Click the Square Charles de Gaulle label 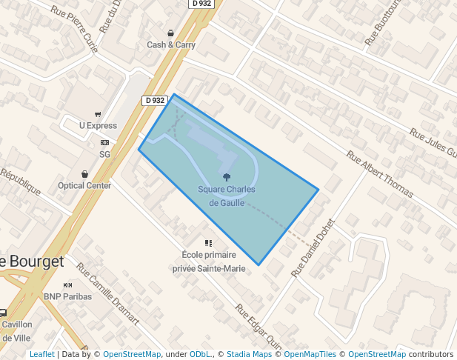(x=226, y=196)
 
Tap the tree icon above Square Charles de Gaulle (x=227, y=177)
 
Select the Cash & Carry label (x=171, y=44)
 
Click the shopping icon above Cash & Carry (x=171, y=33)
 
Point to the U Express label (x=98, y=125)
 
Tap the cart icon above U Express (x=98, y=114)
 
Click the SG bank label (x=104, y=154)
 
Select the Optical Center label (x=84, y=185)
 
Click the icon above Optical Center (x=84, y=174)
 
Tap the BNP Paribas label (x=67, y=296)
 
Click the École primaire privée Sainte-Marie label (x=208, y=261)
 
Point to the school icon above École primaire (x=208, y=243)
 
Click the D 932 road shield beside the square (x=154, y=100)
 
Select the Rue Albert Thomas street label (x=379, y=176)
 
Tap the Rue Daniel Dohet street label (x=313, y=248)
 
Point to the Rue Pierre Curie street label (x=74, y=24)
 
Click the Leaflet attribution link (x=41, y=354)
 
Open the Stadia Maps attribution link (x=249, y=354)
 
